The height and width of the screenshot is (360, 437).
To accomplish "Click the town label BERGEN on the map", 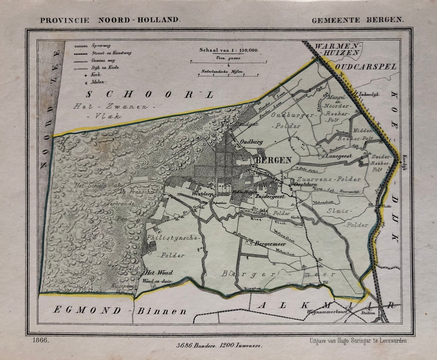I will tap(273, 160).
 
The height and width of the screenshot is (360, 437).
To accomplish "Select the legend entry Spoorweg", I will tap(101, 46).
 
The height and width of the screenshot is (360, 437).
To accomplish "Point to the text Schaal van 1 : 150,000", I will tap(229, 50).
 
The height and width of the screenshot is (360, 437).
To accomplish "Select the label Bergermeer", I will tap(270, 244).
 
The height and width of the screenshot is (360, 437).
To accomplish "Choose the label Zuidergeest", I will tap(270, 196).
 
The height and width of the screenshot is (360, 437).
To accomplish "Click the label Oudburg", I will tap(251, 142).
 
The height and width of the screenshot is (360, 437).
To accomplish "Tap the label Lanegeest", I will tap(339, 156).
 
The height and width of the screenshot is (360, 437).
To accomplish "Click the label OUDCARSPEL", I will tap(365, 67).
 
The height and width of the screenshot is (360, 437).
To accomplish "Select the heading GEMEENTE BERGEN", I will tap(358, 20).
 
